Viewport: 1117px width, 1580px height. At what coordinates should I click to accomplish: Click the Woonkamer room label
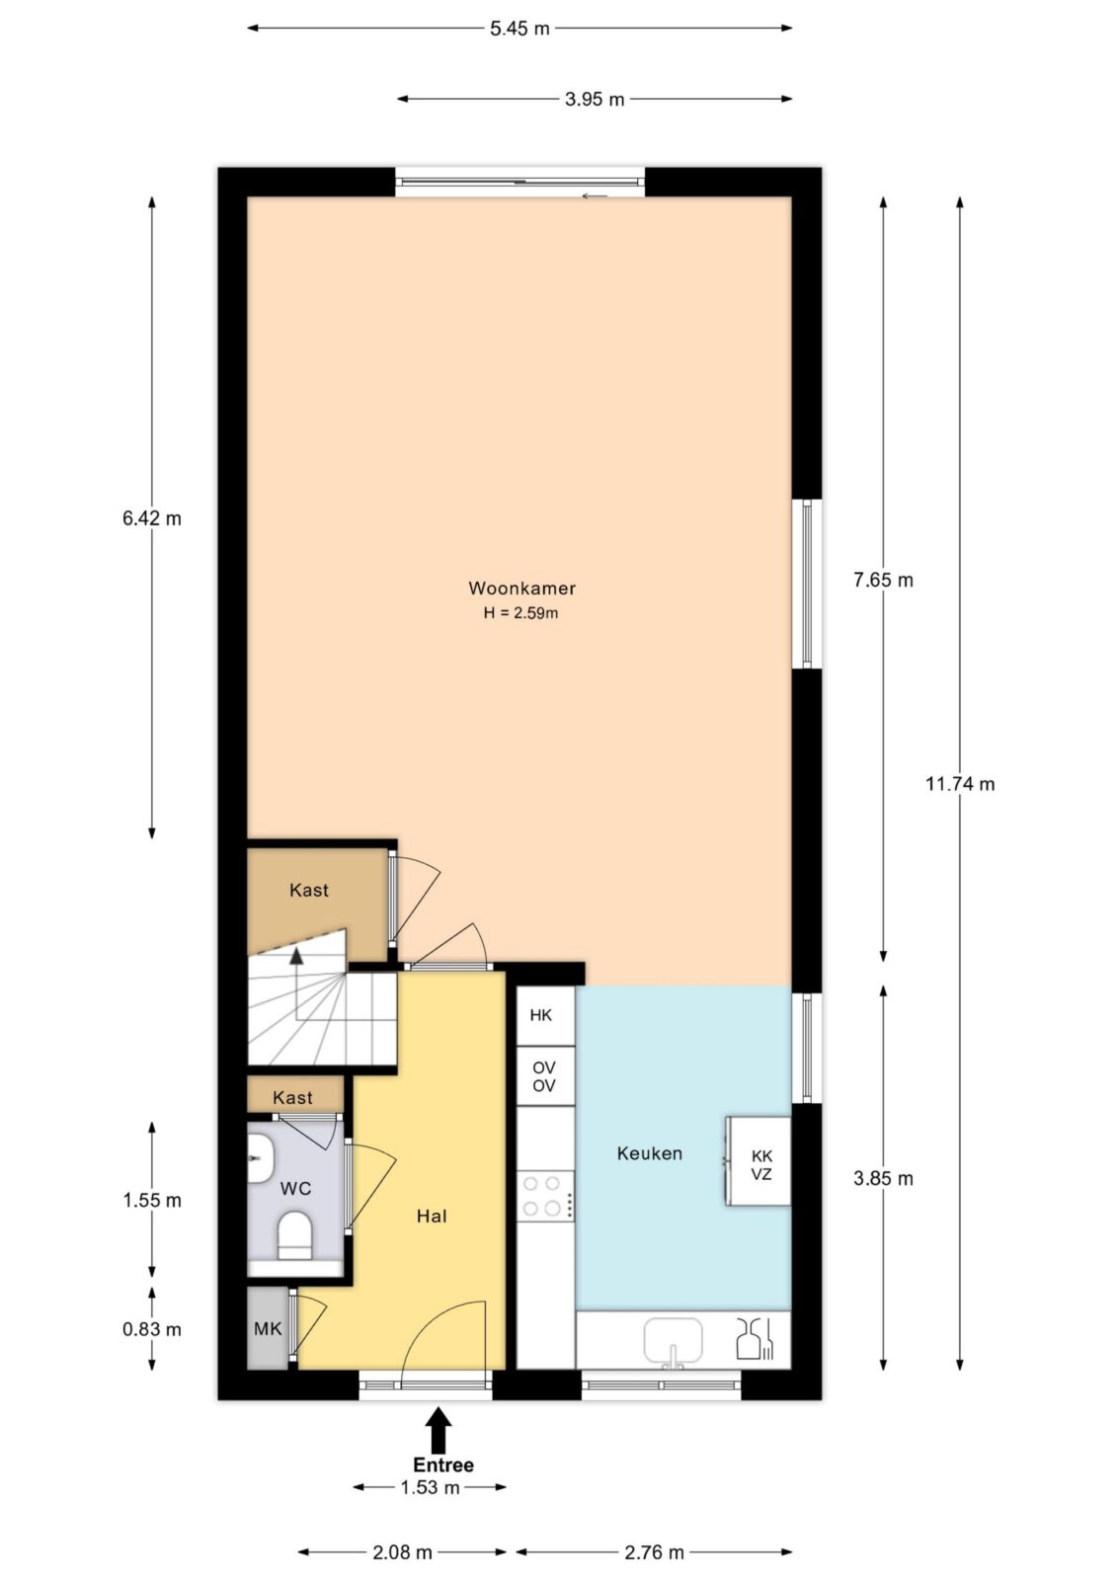pyautogui.click(x=521, y=589)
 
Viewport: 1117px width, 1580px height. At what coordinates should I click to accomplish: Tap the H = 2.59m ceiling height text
pyautogui.click(x=520, y=613)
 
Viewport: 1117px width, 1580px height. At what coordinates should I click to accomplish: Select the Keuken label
pyautogui.click(x=649, y=1153)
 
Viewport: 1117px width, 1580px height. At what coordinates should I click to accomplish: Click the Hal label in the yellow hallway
pyautogui.click(x=432, y=1216)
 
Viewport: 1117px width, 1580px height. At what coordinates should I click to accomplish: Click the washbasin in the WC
pyautogui.click(x=260, y=1159)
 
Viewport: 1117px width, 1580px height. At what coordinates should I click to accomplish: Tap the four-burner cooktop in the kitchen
pyautogui.click(x=545, y=1196)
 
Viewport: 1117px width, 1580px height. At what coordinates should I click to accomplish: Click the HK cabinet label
pyautogui.click(x=540, y=1015)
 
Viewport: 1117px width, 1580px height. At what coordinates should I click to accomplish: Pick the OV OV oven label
pyautogui.click(x=543, y=1077)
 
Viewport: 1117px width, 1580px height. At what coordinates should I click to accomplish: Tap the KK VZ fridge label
pyautogui.click(x=761, y=1164)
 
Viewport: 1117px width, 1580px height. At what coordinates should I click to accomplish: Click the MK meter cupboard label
pyautogui.click(x=268, y=1329)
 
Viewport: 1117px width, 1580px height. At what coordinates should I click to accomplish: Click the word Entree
pyautogui.click(x=443, y=1465)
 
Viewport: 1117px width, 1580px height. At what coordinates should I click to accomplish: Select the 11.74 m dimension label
pyautogui.click(x=960, y=784)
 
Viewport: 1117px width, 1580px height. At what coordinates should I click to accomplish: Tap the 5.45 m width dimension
pyautogui.click(x=519, y=29)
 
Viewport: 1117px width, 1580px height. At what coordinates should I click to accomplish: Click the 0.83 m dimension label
pyautogui.click(x=152, y=1329)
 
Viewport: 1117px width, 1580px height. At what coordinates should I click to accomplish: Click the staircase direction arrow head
pyautogui.click(x=296, y=956)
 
